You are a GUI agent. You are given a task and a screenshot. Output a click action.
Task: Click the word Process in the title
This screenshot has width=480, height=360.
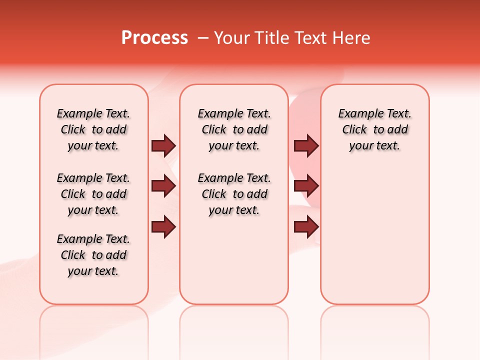(x=154, y=38)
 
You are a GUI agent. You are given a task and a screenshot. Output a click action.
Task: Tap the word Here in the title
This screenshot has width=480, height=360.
(x=352, y=38)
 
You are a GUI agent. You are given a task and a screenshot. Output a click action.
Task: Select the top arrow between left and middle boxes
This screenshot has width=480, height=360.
(x=163, y=146)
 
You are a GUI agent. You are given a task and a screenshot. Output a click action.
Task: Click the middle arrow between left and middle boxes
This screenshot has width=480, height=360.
(x=163, y=186)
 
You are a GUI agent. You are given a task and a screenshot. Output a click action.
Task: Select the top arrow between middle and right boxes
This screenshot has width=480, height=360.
(x=306, y=146)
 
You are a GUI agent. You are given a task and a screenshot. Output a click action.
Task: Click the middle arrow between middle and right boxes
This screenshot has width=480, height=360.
(x=306, y=186)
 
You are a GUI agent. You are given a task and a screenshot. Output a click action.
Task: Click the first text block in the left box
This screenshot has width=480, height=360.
(x=93, y=129)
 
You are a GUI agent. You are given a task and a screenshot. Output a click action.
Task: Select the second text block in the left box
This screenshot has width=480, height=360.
(x=93, y=194)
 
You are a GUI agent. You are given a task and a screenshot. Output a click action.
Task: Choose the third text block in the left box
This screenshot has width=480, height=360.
(x=93, y=255)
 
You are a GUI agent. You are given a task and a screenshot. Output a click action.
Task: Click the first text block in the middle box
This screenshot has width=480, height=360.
(x=234, y=129)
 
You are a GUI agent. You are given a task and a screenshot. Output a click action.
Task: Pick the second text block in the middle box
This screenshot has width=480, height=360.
(x=234, y=194)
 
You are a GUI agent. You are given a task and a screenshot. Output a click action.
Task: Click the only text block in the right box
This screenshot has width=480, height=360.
(x=374, y=129)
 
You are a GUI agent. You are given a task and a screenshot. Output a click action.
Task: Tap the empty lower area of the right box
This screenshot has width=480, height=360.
(x=374, y=240)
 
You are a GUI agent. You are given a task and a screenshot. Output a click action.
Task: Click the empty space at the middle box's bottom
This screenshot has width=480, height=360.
(x=234, y=265)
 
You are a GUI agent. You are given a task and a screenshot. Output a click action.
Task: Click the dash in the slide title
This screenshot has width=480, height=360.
(x=203, y=38)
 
